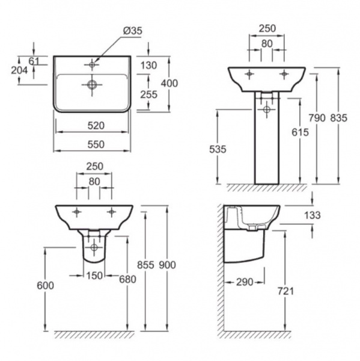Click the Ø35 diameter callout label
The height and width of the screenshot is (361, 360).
(x=133, y=31)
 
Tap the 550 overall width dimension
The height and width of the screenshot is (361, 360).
(x=96, y=144)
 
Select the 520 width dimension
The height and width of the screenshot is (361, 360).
(x=96, y=126)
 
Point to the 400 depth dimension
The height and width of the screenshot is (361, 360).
(x=169, y=83)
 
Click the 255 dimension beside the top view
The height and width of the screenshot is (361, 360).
(x=149, y=94)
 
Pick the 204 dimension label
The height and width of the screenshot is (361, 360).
(x=19, y=70)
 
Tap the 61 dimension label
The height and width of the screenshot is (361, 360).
(x=34, y=61)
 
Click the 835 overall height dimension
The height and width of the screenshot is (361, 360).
(x=338, y=118)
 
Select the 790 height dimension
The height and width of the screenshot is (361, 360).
(x=317, y=118)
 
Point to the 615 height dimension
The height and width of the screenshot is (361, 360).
(x=300, y=132)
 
